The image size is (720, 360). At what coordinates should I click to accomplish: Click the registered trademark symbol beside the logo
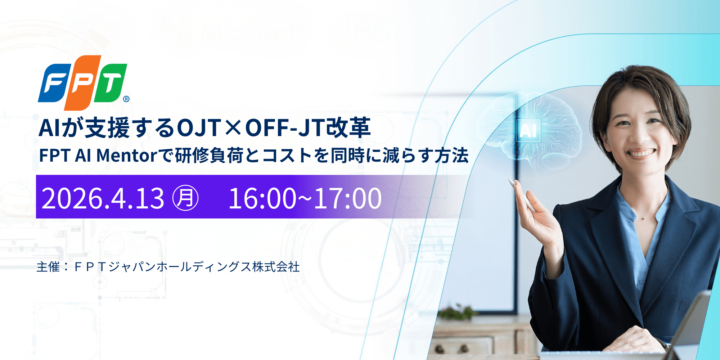(126, 99)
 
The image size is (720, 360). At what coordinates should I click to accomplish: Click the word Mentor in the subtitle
(127, 156)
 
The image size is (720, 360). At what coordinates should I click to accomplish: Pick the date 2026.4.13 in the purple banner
(103, 198)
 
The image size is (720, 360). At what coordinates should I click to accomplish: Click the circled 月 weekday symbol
(185, 198)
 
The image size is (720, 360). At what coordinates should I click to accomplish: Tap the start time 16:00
(262, 198)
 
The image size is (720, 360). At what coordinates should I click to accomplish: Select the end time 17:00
(348, 198)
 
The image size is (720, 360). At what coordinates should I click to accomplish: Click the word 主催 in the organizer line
(48, 267)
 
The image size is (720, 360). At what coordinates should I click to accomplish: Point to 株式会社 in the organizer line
(276, 267)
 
